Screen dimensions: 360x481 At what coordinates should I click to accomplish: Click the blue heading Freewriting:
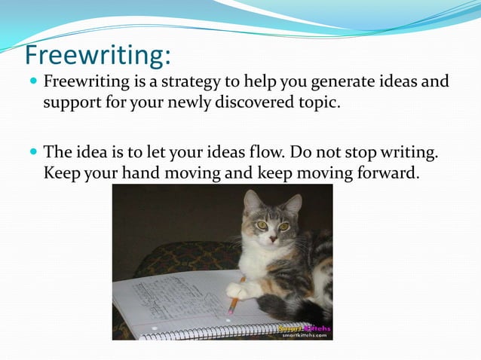pos(98,55)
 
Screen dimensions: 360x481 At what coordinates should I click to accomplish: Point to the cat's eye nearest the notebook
pos(262,224)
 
